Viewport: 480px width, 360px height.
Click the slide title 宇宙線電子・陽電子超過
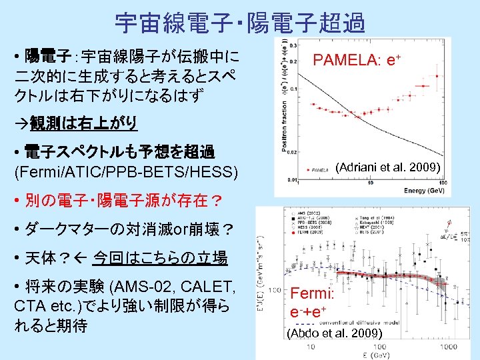coord(240,23)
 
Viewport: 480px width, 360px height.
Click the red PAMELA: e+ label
coord(357,60)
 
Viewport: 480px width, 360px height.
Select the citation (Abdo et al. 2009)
coord(333,333)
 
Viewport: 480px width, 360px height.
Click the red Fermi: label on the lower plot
coord(311,293)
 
